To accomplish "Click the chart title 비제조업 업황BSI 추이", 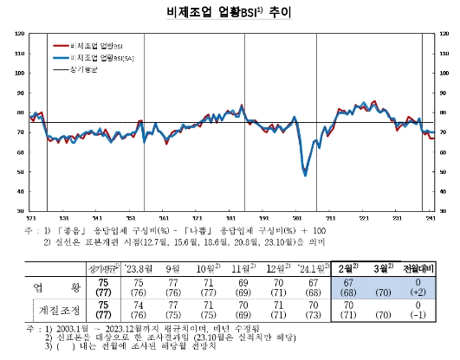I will [x=230, y=14].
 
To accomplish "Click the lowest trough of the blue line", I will [x=305, y=176].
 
